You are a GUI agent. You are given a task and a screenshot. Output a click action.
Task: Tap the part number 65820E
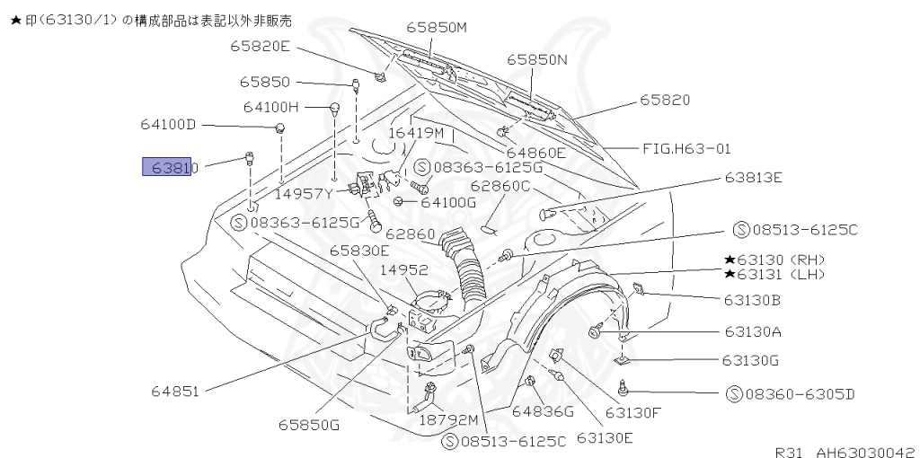point(260,46)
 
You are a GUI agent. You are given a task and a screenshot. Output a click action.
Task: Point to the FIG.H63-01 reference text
point(686,148)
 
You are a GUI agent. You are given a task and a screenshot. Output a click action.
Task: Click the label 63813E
point(754,177)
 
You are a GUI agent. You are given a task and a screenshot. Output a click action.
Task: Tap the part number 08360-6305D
point(790,393)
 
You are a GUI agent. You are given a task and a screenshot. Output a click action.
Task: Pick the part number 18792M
point(448,418)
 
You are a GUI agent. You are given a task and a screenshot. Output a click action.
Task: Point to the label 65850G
point(308,425)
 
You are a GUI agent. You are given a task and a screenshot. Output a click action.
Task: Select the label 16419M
point(416,132)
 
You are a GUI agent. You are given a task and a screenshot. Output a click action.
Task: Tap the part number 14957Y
point(305,192)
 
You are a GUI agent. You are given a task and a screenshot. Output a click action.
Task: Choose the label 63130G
point(749,360)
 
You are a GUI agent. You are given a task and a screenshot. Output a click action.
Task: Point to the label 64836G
point(542,411)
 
